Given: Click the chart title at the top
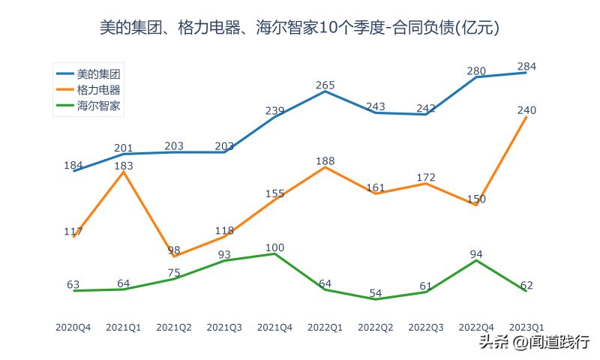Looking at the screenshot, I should click(x=300, y=28).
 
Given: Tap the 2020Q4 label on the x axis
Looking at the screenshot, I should click(x=73, y=328).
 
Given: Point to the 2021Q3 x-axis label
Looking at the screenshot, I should click(x=224, y=328).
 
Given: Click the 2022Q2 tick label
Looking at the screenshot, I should click(x=376, y=328).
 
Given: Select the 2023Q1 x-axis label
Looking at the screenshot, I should click(x=527, y=328).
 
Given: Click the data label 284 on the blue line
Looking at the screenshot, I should click(x=527, y=67).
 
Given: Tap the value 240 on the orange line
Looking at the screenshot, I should click(x=527, y=110).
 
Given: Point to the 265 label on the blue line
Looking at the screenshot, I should click(x=325, y=85).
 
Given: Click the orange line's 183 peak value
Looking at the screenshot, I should click(x=123, y=166).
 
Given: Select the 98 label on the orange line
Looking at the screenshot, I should click(x=174, y=250).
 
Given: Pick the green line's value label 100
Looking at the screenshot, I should click(x=274, y=247).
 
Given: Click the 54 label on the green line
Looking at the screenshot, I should click(x=375, y=293).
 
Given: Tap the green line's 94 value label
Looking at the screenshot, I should click(x=476, y=254).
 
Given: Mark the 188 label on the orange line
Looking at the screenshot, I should click(x=325, y=161).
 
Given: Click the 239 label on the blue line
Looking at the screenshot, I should click(x=274, y=112).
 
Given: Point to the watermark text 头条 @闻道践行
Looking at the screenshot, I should click(x=534, y=342).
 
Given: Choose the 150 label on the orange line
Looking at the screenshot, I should click(x=476, y=199).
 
